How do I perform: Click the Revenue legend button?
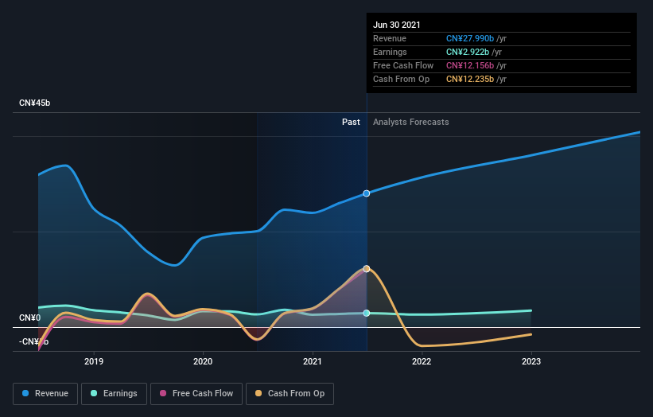point(45,393)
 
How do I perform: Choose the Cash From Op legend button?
point(290,393)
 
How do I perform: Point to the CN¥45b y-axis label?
point(35,103)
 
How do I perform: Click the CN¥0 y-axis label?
point(31,318)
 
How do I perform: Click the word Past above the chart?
point(351,123)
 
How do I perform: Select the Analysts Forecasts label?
point(410,123)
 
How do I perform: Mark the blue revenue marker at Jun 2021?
point(367,193)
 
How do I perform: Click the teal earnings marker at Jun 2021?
point(367,313)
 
